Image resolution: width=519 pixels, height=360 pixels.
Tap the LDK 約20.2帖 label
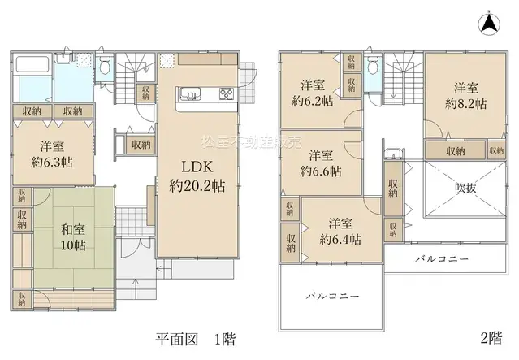click(197, 176)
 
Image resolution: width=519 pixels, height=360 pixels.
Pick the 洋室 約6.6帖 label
click(320, 163)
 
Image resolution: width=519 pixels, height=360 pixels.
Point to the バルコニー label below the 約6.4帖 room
click(332, 297)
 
